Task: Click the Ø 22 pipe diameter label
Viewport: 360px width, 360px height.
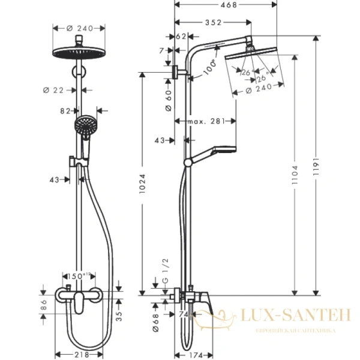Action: (x=55, y=91)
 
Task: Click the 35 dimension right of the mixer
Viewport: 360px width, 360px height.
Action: (x=120, y=313)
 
